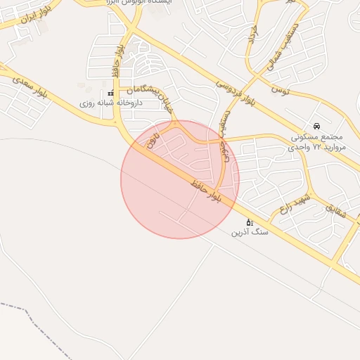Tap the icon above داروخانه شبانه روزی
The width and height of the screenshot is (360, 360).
[110, 93]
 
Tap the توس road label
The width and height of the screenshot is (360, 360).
[279, 90]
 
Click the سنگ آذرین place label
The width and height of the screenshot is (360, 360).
[250, 231]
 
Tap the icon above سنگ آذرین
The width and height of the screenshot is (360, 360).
[249, 221]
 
